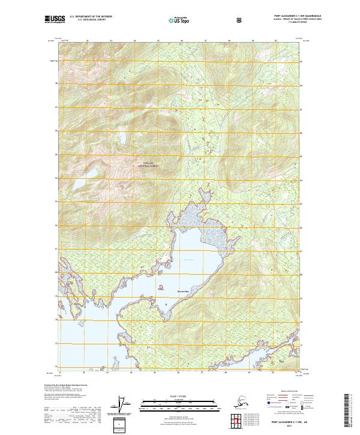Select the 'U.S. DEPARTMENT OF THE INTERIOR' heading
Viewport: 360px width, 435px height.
click(x=91, y=17)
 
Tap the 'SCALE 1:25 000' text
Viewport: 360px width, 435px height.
click(x=179, y=395)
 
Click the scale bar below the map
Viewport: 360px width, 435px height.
click(x=179, y=403)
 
